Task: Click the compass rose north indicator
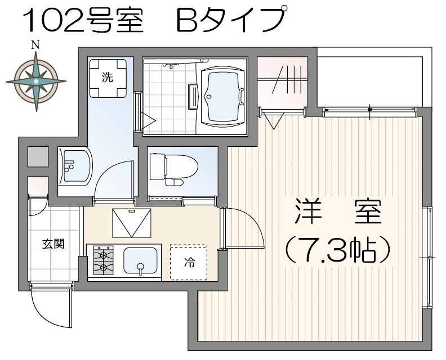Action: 35,45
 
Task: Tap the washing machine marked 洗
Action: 108,78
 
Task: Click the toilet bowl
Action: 174,169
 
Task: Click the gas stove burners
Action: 103,260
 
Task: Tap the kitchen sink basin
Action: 141,261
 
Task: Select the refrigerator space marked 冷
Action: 189,262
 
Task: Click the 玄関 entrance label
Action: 53,244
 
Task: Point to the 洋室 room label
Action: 338,211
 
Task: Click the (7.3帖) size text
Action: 337,250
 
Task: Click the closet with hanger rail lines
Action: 283,82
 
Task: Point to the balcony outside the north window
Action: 371,81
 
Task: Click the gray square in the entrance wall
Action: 38,156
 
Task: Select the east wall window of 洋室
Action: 427,257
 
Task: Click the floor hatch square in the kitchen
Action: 131,223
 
